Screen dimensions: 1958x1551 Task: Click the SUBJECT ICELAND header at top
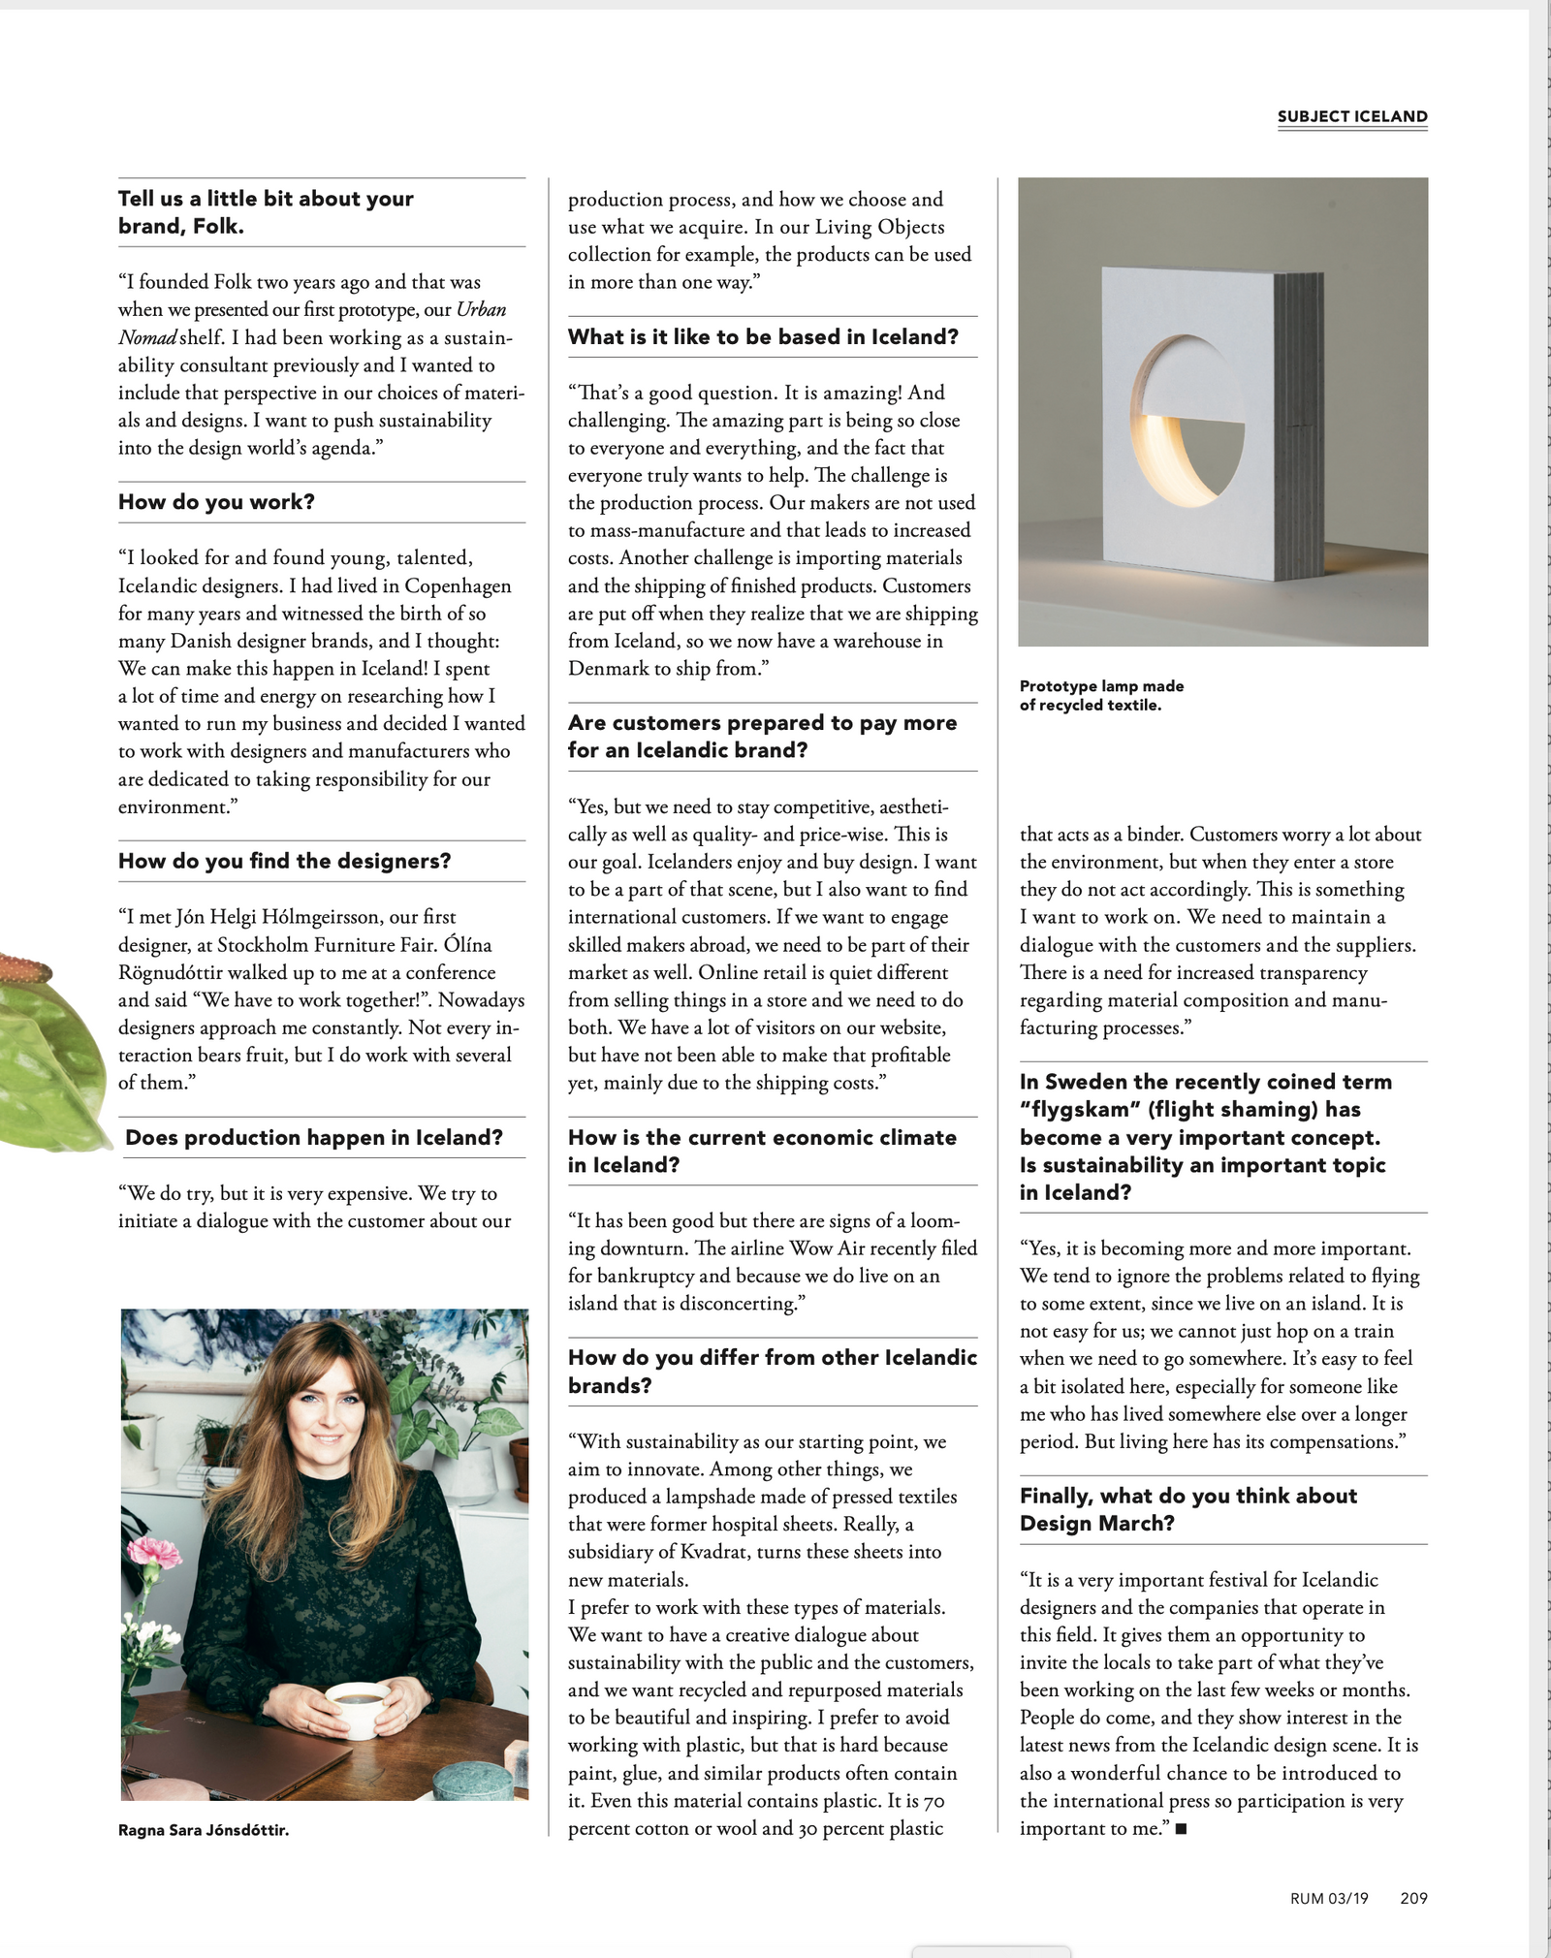(1351, 116)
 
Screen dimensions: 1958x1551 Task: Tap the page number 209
(1413, 1898)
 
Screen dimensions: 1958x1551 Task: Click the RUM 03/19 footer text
(1329, 1898)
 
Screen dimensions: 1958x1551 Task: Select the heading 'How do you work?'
(216, 501)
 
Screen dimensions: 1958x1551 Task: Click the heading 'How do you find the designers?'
(284, 861)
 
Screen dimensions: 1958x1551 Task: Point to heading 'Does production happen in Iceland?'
(314, 1137)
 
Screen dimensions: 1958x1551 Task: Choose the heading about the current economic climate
(762, 1151)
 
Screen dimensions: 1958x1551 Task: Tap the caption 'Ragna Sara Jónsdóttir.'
(204, 1830)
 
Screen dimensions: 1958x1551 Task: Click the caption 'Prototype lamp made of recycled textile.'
(1101, 695)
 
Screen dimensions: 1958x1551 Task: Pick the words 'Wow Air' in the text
(827, 1248)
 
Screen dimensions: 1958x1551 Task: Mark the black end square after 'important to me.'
(1181, 1829)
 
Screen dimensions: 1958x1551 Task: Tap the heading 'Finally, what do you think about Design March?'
(1188, 1509)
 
